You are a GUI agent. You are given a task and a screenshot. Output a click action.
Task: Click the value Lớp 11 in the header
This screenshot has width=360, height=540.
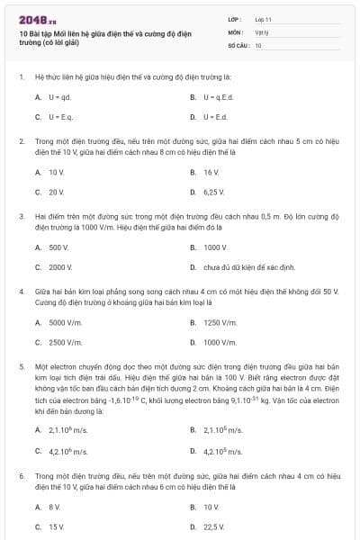(x=264, y=18)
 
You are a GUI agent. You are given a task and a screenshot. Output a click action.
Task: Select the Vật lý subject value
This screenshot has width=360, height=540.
(x=262, y=31)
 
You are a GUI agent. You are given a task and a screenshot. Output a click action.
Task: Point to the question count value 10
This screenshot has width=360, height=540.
(x=258, y=43)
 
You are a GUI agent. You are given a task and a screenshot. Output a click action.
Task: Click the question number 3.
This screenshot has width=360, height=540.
(x=21, y=217)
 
